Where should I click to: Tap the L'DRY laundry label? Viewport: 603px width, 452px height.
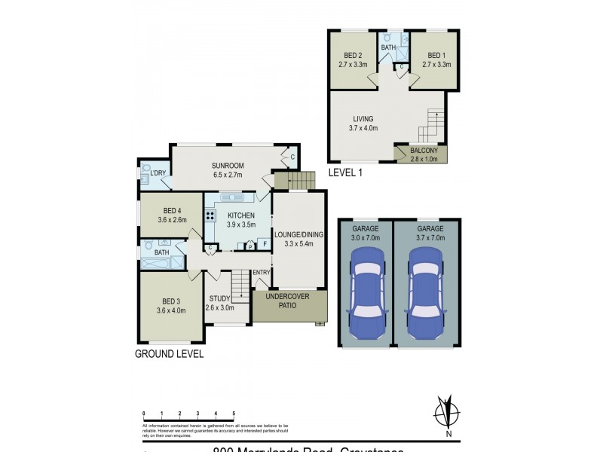(x=158, y=174)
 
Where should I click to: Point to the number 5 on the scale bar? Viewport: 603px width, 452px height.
(x=234, y=414)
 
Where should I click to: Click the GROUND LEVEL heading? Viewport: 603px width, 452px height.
(x=169, y=353)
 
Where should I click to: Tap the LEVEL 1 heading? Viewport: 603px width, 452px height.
(x=346, y=173)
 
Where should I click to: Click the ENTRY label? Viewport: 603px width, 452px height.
(x=261, y=273)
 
